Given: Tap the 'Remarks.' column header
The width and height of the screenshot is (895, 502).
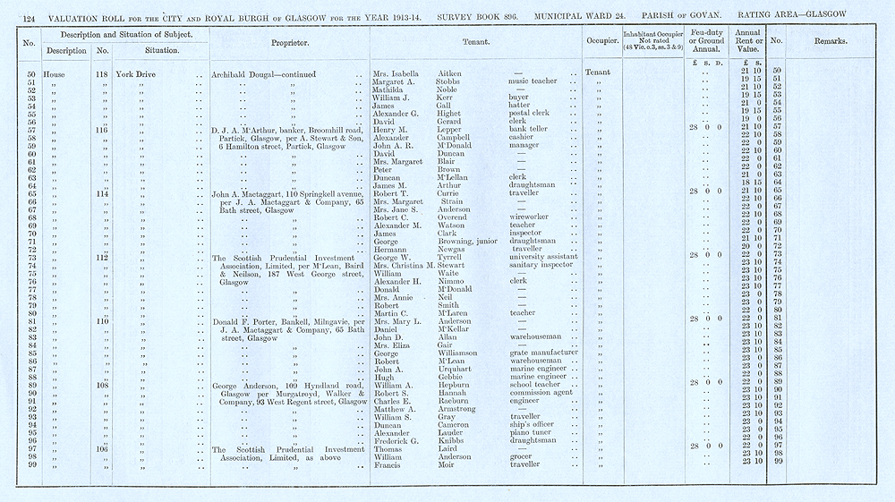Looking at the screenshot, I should pos(831,42).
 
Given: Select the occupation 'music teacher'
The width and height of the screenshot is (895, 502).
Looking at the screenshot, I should pos(530,81).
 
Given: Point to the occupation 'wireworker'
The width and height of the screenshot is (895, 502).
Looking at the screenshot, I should pos(528,217).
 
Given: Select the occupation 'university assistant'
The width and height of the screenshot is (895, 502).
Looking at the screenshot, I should pos(542,256).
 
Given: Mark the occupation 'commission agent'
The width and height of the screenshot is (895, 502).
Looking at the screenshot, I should pos(541,392).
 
